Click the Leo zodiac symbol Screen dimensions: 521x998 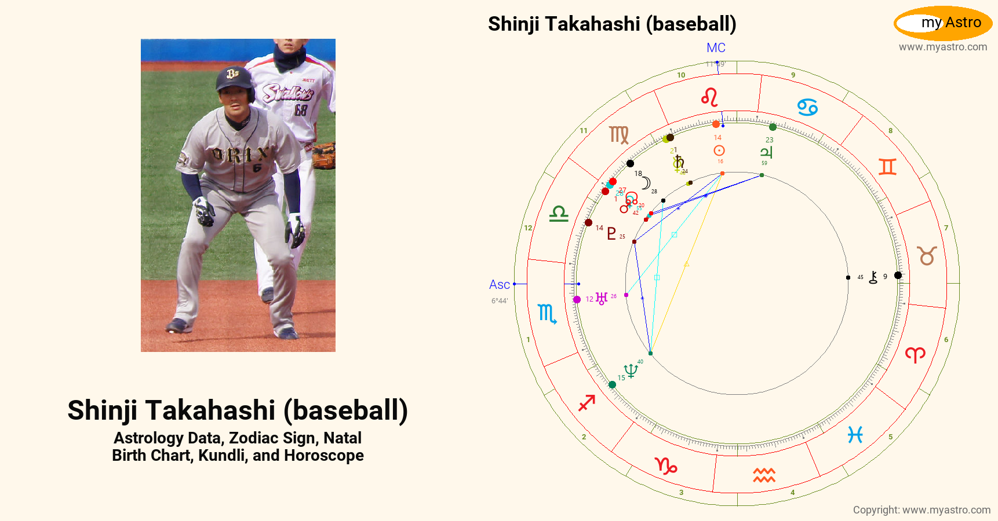point(709,97)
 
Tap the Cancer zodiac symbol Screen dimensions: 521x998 point(807,107)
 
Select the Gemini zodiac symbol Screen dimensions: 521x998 point(887,167)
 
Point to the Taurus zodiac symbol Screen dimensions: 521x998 point(927,255)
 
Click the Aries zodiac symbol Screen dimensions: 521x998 point(915,354)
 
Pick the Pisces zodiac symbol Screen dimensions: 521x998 point(855,435)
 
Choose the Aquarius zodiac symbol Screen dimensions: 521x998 point(764,475)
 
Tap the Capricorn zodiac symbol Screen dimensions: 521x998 point(666,465)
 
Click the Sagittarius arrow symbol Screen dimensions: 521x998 point(587,402)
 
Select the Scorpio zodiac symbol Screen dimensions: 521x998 point(547,314)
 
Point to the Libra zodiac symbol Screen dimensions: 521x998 point(559,214)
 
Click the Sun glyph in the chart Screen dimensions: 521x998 point(719,151)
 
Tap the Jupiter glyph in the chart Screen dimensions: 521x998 point(766,152)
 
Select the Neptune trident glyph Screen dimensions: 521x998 point(631,370)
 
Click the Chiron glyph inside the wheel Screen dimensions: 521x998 point(873,277)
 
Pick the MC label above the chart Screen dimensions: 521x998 point(716,48)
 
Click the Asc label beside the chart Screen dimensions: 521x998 point(499,284)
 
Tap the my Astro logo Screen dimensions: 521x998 point(943,23)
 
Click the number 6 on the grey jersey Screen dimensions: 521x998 point(257,168)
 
